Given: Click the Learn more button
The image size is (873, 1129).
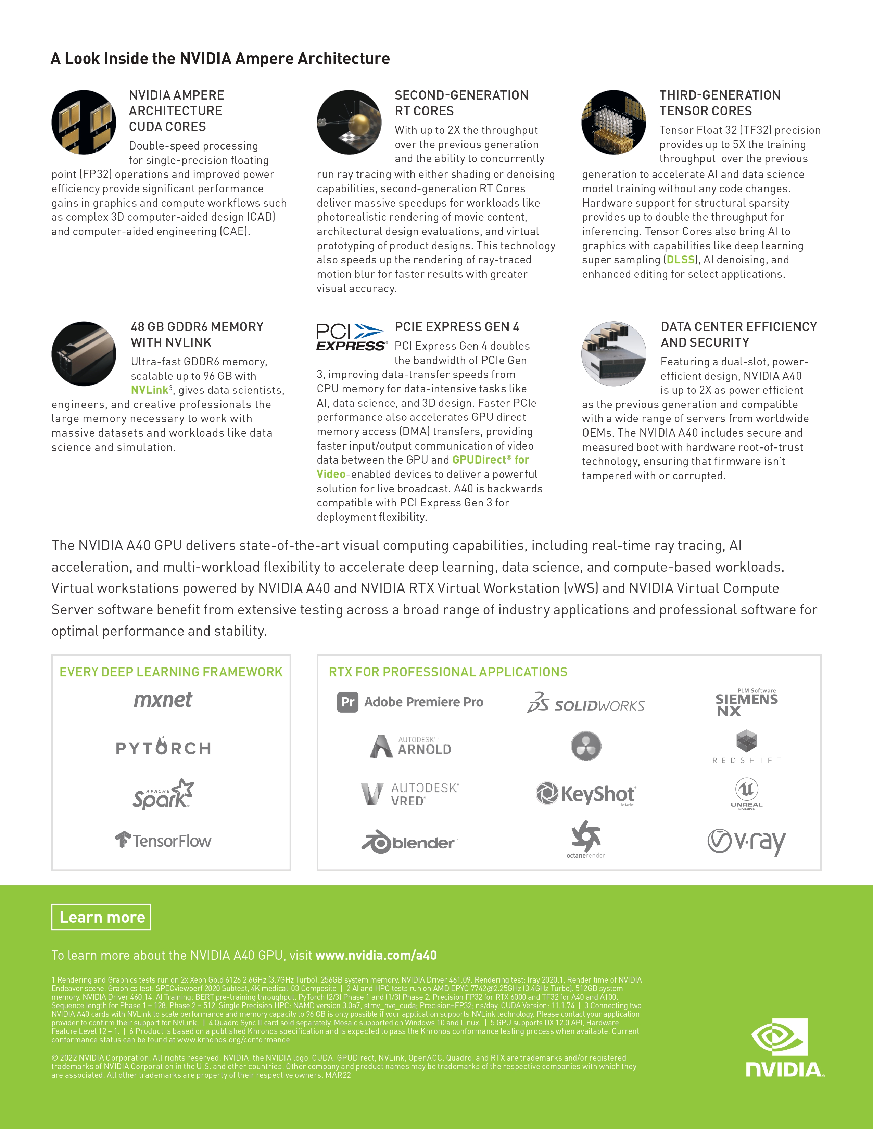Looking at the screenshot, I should click(101, 917).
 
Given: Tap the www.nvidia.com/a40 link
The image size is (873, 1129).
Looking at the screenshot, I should click(376, 955).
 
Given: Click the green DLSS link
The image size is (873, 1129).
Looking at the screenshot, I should click(680, 260).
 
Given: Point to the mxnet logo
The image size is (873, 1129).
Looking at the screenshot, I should click(163, 700).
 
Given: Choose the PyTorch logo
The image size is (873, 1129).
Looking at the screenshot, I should click(163, 747).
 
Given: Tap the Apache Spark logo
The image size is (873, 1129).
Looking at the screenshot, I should click(163, 794).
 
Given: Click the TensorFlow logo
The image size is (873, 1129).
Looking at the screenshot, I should click(163, 841).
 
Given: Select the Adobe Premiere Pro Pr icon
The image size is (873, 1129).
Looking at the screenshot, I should click(347, 702).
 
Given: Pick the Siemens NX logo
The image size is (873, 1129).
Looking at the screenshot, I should click(746, 703).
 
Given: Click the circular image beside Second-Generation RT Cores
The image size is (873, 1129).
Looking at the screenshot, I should click(349, 122).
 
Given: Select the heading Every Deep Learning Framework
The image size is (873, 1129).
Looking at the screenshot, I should click(171, 672).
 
